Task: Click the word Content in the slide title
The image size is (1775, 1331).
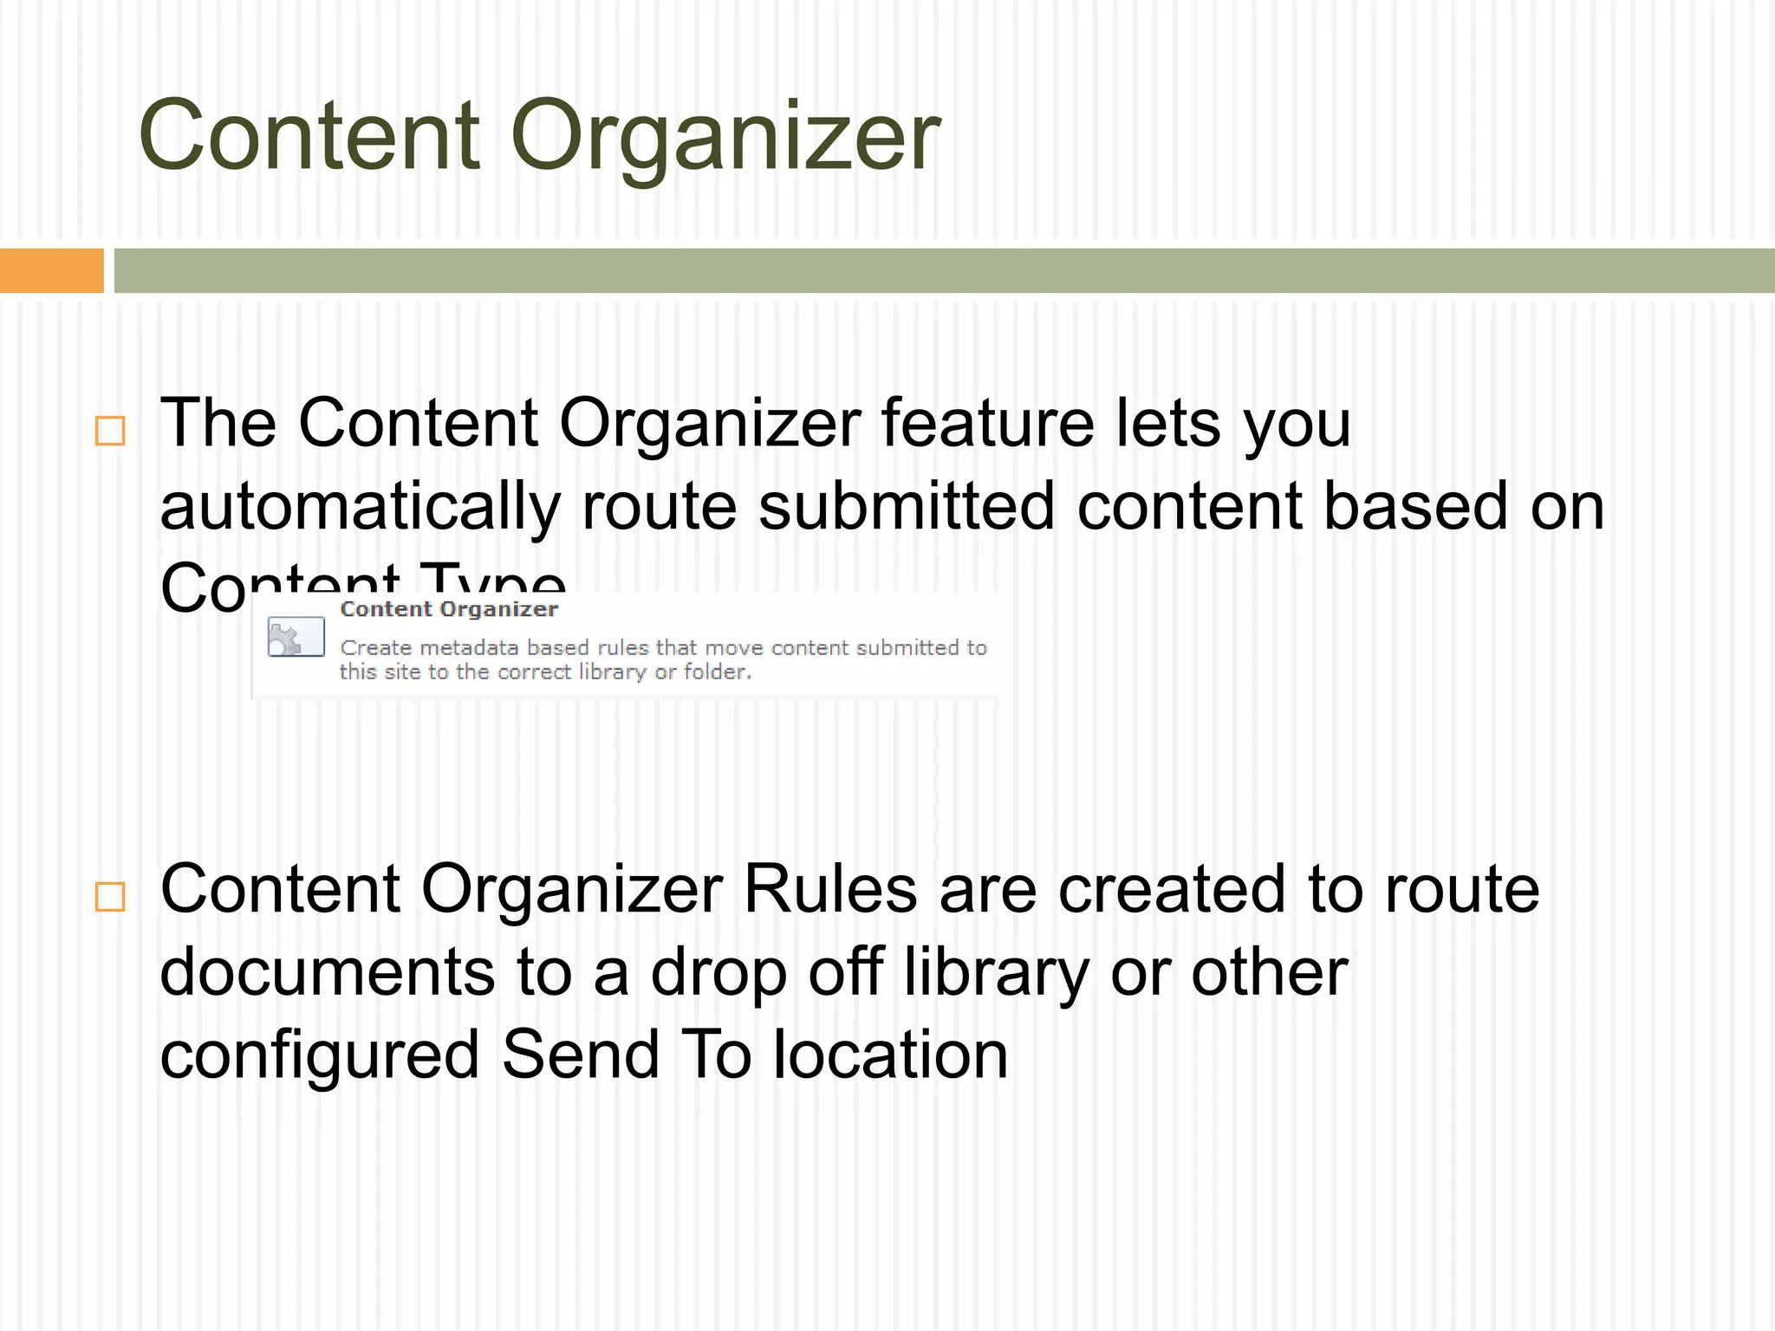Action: click(309, 136)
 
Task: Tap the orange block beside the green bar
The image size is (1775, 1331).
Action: click(51, 270)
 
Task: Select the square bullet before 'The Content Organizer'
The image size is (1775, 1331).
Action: click(110, 431)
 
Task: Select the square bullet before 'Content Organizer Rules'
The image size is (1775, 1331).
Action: click(110, 897)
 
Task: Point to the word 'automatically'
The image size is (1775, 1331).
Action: click(360, 508)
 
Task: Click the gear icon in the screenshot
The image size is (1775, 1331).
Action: click(295, 638)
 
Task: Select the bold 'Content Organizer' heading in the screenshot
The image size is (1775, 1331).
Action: click(449, 609)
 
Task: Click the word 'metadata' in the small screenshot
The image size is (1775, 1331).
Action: click(468, 647)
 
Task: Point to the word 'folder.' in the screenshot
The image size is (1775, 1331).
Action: click(717, 672)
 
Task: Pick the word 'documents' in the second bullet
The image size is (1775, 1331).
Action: click(327, 972)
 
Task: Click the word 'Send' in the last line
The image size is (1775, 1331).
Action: click(581, 1055)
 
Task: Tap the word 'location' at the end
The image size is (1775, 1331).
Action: click(890, 1055)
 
